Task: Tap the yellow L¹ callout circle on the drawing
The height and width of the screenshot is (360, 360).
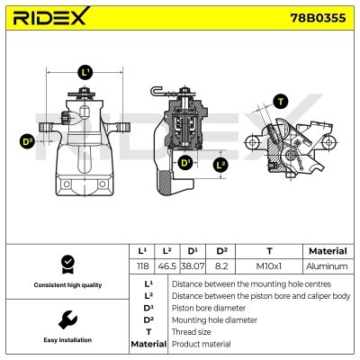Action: (85, 71)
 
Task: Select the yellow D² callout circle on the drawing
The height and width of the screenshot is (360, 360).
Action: (27, 140)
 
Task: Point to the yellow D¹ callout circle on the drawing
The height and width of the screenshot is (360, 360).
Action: (185, 163)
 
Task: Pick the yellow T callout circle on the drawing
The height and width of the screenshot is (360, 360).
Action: (282, 101)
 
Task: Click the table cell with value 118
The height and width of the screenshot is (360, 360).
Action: (141, 266)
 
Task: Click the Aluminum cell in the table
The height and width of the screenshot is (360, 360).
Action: (326, 266)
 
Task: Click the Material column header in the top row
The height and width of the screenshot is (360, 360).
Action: (326, 251)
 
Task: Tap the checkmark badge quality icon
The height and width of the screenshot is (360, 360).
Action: (66, 264)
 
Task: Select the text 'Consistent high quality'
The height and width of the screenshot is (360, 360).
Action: (66, 285)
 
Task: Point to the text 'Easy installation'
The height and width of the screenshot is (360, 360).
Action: (66, 341)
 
